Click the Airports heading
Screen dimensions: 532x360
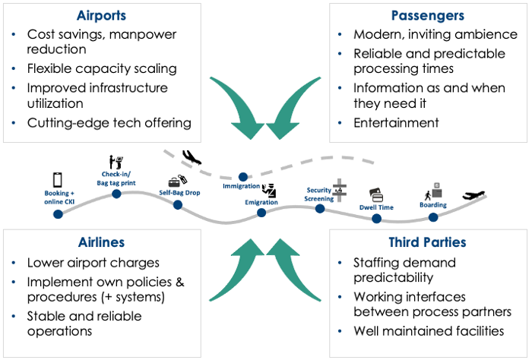101,16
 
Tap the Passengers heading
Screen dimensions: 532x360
427,16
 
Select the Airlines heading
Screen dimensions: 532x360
101,242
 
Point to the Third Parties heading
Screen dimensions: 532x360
427,242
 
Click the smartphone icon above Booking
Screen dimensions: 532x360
58,180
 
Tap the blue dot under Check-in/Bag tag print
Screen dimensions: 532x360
116,194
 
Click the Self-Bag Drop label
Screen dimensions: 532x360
179,193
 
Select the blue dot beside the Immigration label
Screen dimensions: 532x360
243,177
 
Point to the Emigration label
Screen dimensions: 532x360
261,202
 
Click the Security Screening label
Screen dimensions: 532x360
319,194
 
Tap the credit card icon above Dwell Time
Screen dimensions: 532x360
376,195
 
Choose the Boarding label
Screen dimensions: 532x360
433,205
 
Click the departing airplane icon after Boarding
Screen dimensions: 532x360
473,195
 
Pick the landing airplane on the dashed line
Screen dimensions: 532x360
192,157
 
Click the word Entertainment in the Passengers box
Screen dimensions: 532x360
396,123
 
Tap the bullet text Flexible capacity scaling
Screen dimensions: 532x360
102,69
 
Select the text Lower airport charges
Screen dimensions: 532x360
93,263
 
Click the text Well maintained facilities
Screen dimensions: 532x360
429,331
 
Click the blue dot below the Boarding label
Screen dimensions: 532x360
433,217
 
